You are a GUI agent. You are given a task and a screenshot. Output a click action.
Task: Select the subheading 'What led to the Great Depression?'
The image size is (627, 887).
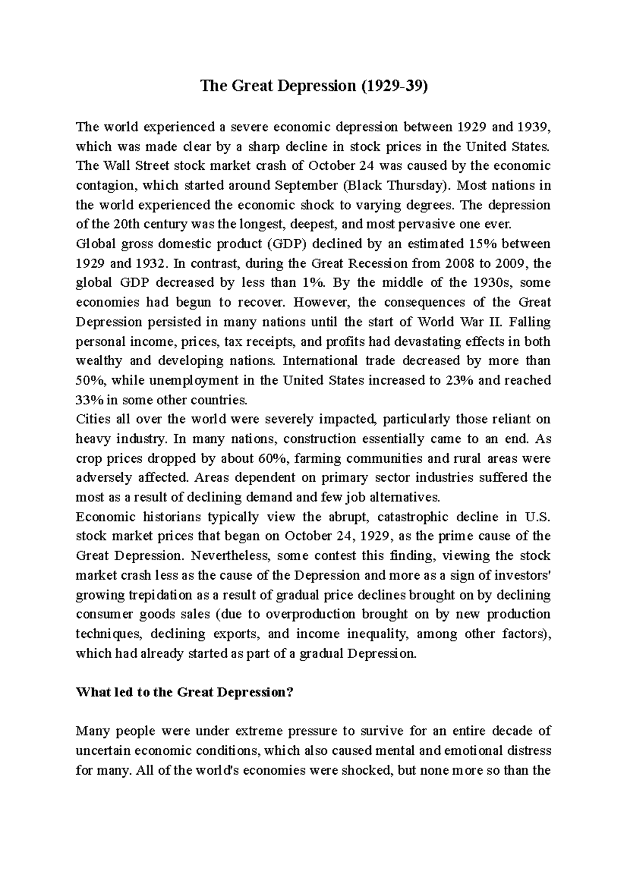(185, 692)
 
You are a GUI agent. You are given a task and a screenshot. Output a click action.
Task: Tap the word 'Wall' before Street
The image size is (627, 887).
(117, 166)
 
